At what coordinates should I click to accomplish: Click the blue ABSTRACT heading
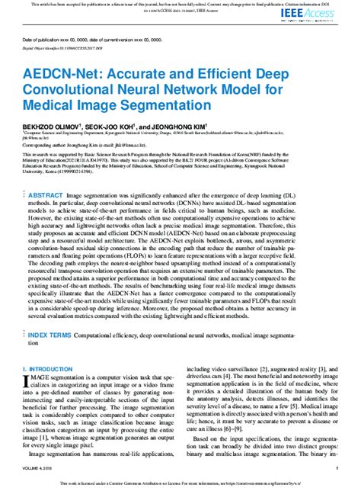tap(45, 195)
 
